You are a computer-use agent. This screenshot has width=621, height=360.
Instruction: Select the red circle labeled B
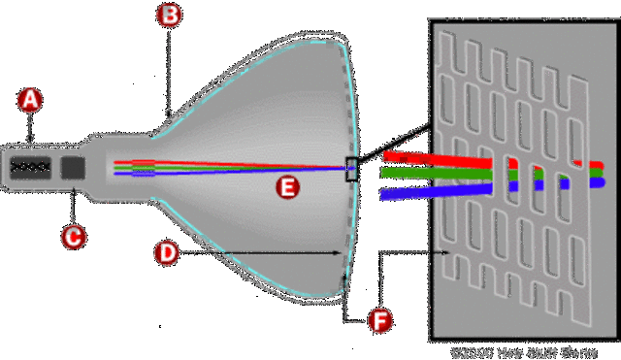click(x=170, y=15)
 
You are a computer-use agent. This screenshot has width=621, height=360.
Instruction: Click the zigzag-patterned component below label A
click(x=29, y=167)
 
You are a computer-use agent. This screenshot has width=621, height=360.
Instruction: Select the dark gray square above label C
click(x=73, y=167)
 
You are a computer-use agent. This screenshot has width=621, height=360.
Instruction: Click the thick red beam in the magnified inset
click(x=437, y=155)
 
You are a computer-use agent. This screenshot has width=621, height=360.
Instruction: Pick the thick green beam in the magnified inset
click(x=437, y=174)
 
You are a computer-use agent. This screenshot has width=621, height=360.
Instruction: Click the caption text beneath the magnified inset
click(x=523, y=350)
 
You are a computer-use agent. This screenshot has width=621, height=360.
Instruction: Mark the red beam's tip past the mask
click(x=598, y=165)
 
